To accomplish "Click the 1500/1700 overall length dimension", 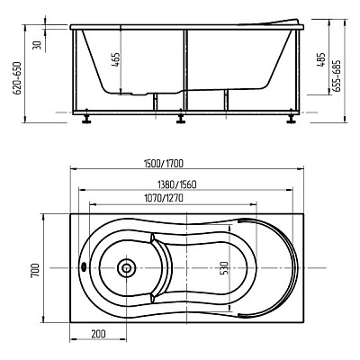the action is pos(164,164).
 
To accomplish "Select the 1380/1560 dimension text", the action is pos(177,184).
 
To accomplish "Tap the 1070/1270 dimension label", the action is pos(164,199).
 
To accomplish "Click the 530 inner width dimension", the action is pos(226,268).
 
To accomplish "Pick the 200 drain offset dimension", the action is pos(98,334).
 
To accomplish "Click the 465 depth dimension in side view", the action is pos(117,60).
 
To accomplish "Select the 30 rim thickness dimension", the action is pos(37,46).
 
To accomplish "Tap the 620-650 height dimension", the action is pos(18,78).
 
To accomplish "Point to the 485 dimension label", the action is pos(321,59).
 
